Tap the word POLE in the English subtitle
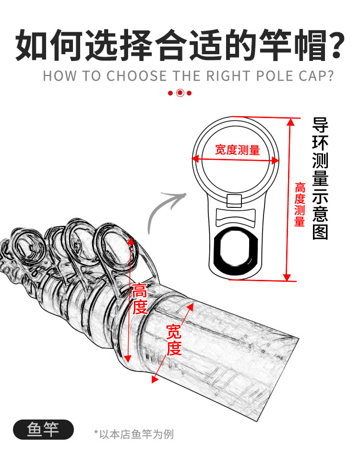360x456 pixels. coord(265,76)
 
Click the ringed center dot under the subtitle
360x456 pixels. coord(180,93)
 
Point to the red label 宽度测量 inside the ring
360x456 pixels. coord(237,150)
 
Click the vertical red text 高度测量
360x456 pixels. coord(300,204)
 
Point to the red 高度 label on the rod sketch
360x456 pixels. coord(140,299)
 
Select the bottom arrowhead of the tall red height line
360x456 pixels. coord(287,277)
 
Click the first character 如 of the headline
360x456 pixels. coord(32,45)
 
